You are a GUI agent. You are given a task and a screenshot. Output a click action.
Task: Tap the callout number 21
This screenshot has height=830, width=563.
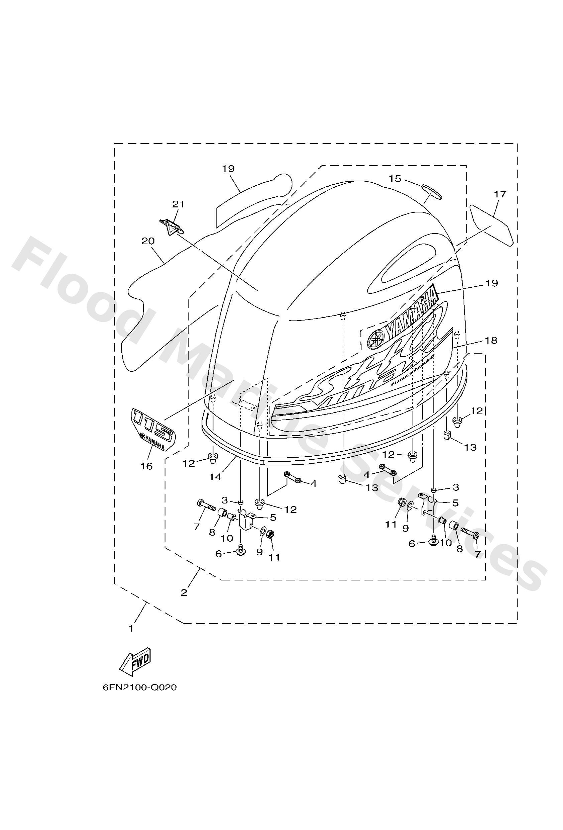pyautogui.click(x=178, y=204)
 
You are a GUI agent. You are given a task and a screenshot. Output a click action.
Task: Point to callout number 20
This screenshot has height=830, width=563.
pyautogui.click(x=148, y=241)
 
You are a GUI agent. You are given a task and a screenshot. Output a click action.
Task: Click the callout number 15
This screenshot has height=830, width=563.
pyautogui.click(x=395, y=179)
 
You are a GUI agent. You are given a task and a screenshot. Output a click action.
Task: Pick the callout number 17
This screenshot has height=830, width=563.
pyautogui.click(x=500, y=195)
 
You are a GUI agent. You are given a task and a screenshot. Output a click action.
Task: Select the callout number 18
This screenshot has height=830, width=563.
pyautogui.click(x=491, y=340)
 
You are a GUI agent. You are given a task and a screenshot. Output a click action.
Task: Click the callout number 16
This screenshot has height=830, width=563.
pyautogui.click(x=147, y=466)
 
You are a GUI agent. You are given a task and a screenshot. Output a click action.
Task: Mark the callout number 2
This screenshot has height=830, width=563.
pyautogui.click(x=184, y=592)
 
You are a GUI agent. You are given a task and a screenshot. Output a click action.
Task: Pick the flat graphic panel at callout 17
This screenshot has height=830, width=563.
pyautogui.click(x=492, y=225)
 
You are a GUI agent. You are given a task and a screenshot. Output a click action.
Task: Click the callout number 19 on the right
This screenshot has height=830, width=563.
pyautogui.click(x=491, y=283)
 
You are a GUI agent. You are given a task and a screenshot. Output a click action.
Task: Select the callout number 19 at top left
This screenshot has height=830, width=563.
pyautogui.click(x=228, y=169)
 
